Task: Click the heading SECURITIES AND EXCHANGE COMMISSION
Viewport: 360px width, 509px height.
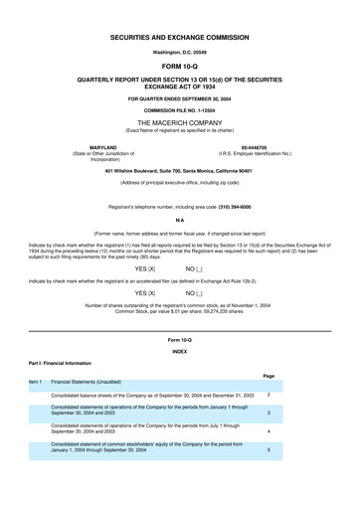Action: point(180,36)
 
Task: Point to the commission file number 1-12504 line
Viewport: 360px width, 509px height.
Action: point(180,108)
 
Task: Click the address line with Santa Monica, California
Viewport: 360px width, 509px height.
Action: point(180,172)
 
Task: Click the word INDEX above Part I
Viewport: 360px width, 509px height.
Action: point(180,352)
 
